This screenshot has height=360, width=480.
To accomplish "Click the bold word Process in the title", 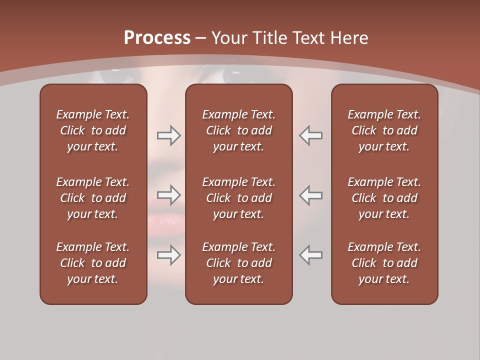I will pos(157,38).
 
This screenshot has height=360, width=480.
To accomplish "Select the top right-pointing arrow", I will pos(168,135).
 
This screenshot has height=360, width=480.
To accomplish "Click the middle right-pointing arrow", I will pos(168,195).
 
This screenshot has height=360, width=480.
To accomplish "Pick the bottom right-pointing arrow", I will pos(168,255).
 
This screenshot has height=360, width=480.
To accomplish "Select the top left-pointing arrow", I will pos(311,135).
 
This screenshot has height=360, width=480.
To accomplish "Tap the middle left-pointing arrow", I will pos(311,195).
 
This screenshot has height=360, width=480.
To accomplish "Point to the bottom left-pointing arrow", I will pos(311,255).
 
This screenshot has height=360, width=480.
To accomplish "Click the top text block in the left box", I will pos(93,130).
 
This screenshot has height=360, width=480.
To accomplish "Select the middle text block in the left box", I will pos(93,198).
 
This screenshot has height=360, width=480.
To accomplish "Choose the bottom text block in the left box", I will pos(93,263).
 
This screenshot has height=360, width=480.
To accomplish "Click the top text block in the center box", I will pos(239,130).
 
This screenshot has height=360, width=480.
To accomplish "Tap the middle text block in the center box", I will pos(239,198).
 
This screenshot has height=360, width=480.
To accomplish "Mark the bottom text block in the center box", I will pos(239,263).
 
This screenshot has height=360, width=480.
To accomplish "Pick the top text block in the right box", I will pos(384,130).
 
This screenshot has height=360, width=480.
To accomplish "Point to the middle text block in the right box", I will pos(384,198).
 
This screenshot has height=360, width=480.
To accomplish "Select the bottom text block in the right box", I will pos(384,263).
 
